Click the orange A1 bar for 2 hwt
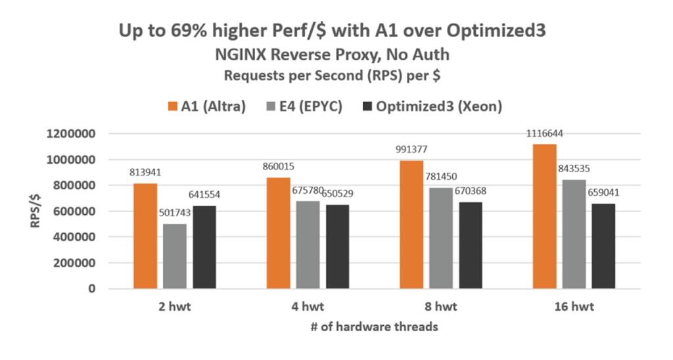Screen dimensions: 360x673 click(145, 236)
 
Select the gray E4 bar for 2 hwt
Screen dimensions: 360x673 click(175, 256)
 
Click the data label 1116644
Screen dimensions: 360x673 click(545, 134)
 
